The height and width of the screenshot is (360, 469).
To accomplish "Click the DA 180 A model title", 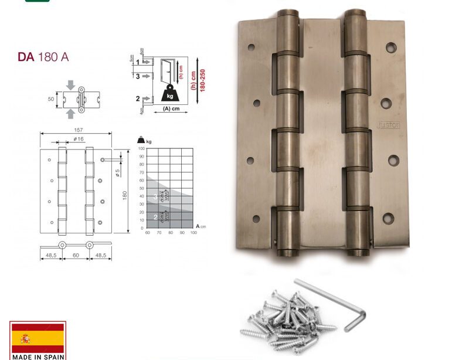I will [x=43, y=57].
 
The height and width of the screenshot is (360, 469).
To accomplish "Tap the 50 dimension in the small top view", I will [x=51, y=100].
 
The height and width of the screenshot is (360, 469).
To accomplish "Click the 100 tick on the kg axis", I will [x=141, y=149].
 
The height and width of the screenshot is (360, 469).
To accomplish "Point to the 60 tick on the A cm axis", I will [x=147, y=233].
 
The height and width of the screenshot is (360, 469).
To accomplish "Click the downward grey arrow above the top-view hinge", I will [x=71, y=85].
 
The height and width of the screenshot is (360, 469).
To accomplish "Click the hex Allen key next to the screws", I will [x=332, y=304].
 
